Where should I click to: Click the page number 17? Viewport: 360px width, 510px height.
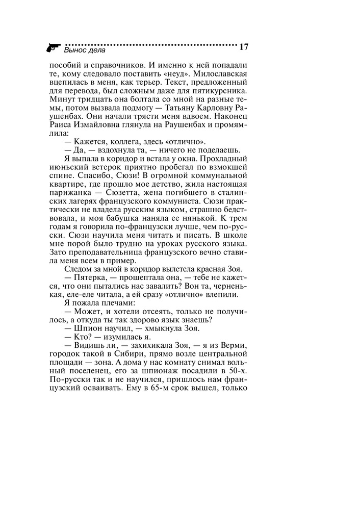coord(243,47)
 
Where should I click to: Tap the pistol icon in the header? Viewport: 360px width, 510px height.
coord(53,48)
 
